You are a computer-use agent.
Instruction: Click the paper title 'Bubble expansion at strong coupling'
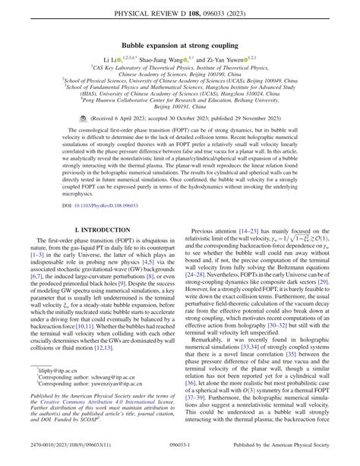click(x=180, y=45)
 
